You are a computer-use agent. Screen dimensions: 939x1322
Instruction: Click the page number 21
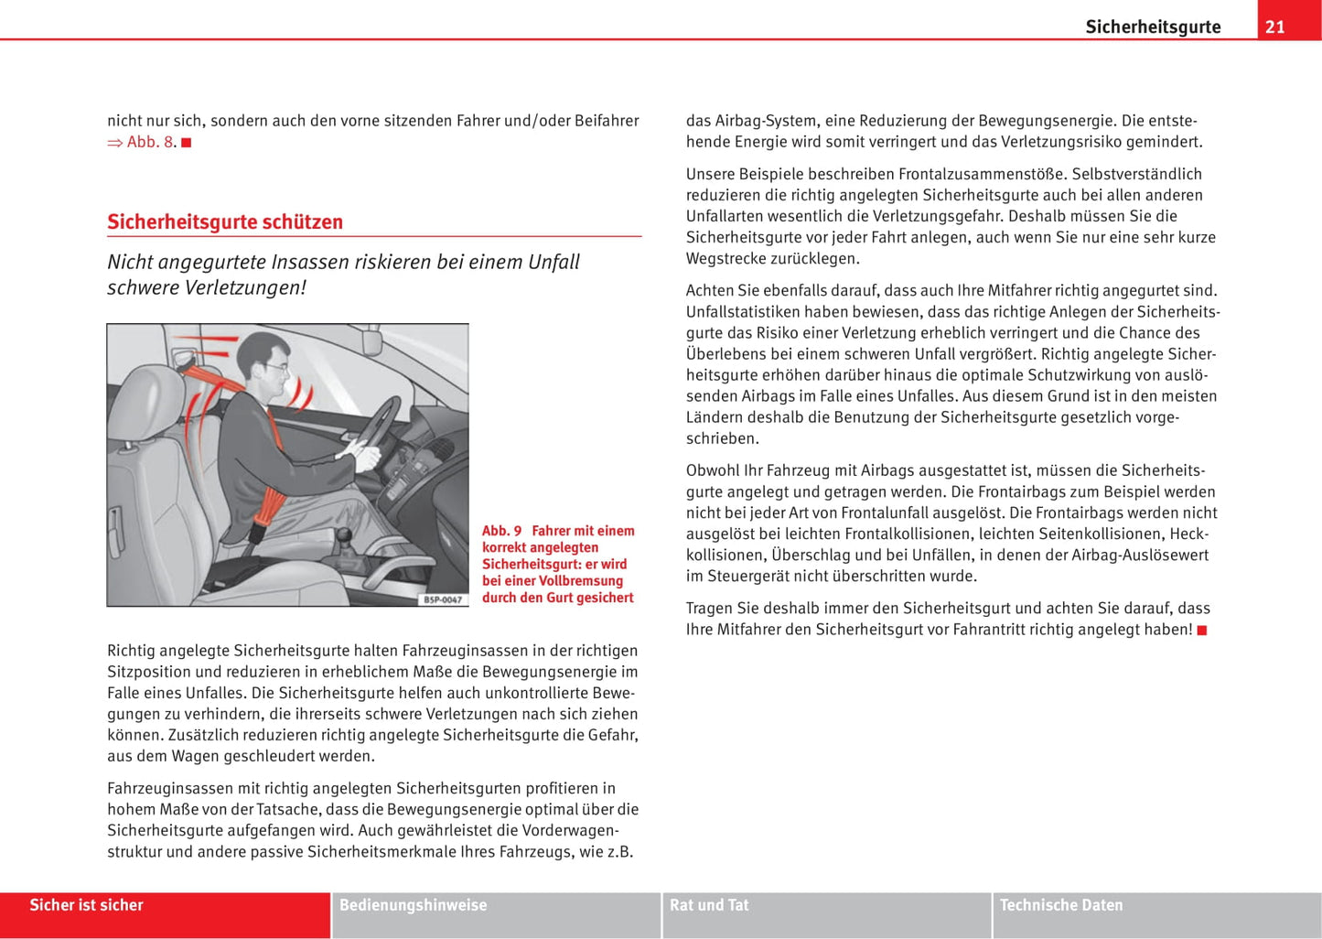click(x=1274, y=27)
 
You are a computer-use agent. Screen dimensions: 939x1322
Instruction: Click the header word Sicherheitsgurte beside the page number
click(x=1153, y=27)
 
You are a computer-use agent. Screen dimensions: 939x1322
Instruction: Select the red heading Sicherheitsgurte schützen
click(x=225, y=222)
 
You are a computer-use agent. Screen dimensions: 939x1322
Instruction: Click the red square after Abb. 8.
click(x=187, y=143)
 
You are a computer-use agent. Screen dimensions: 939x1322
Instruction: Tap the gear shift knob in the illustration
click(x=344, y=534)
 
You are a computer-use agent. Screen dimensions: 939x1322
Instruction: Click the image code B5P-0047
click(x=443, y=599)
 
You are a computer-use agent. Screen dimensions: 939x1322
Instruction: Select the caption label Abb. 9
click(x=501, y=531)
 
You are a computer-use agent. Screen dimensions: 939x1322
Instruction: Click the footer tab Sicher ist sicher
click(x=87, y=905)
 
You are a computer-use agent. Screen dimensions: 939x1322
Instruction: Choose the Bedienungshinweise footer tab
click(x=413, y=905)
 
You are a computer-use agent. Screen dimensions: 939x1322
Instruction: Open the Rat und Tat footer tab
click(x=709, y=905)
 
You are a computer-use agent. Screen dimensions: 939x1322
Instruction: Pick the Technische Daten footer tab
click(x=1061, y=905)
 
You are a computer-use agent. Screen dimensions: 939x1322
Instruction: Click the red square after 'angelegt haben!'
click(x=1202, y=631)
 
